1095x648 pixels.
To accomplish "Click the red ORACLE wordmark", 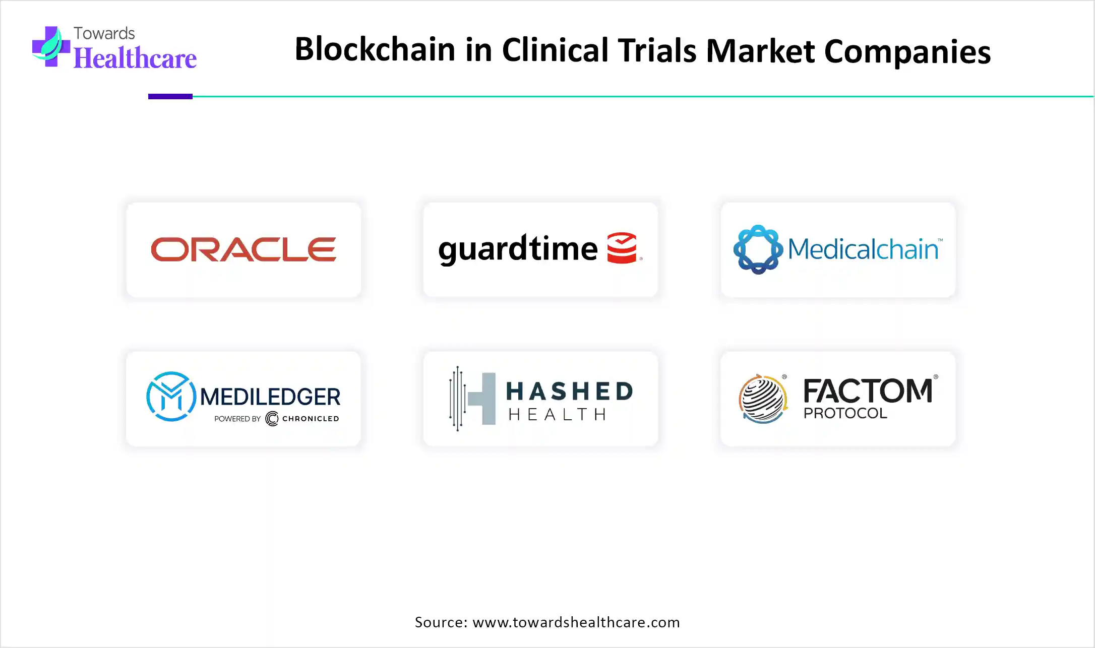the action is point(244,249).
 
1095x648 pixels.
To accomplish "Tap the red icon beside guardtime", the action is point(622,248).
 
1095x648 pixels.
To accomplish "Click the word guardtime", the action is point(518,249).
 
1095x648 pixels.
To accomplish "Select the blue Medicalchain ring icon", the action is point(758,249).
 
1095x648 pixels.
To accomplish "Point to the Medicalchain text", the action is point(863,249).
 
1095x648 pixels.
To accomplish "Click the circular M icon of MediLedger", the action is point(171,397).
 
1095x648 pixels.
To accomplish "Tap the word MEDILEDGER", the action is point(270,397).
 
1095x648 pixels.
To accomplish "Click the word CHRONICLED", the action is point(311,419).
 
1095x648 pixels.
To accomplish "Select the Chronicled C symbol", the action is point(272,419).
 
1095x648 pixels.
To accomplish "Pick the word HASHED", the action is point(569,391).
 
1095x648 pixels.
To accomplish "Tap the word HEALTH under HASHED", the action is point(557,415).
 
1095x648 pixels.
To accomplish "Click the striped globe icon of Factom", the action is point(763,399).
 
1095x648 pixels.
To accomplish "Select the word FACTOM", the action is point(868,391).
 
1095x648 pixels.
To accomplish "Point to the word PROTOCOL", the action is point(845,413).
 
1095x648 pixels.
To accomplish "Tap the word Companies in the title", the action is point(907,52).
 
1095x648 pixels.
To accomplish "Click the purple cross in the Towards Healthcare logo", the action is point(51,46).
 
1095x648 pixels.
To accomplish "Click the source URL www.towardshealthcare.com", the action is point(576,622).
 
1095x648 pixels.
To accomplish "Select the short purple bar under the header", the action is point(170,96).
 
